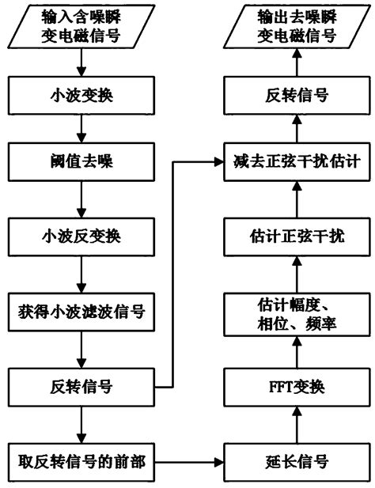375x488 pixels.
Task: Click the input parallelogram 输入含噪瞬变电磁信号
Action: tap(80, 27)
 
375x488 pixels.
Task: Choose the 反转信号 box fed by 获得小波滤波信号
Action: tap(80, 387)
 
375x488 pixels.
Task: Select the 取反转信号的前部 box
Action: tap(80, 460)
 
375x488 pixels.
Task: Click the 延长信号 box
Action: tap(294, 460)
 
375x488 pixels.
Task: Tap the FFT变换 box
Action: tap(294, 388)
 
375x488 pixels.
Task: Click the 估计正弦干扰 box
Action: tap(294, 237)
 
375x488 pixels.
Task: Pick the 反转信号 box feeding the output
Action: tap(294, 95)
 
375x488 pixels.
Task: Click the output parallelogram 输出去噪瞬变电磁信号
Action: tap(294, 27)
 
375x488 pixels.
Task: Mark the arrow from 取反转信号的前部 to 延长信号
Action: tap(187, 460)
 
